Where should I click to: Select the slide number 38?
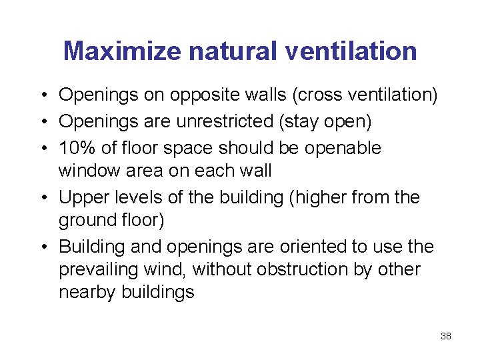coord(446,336)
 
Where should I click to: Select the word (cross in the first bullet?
coord(318,95)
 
